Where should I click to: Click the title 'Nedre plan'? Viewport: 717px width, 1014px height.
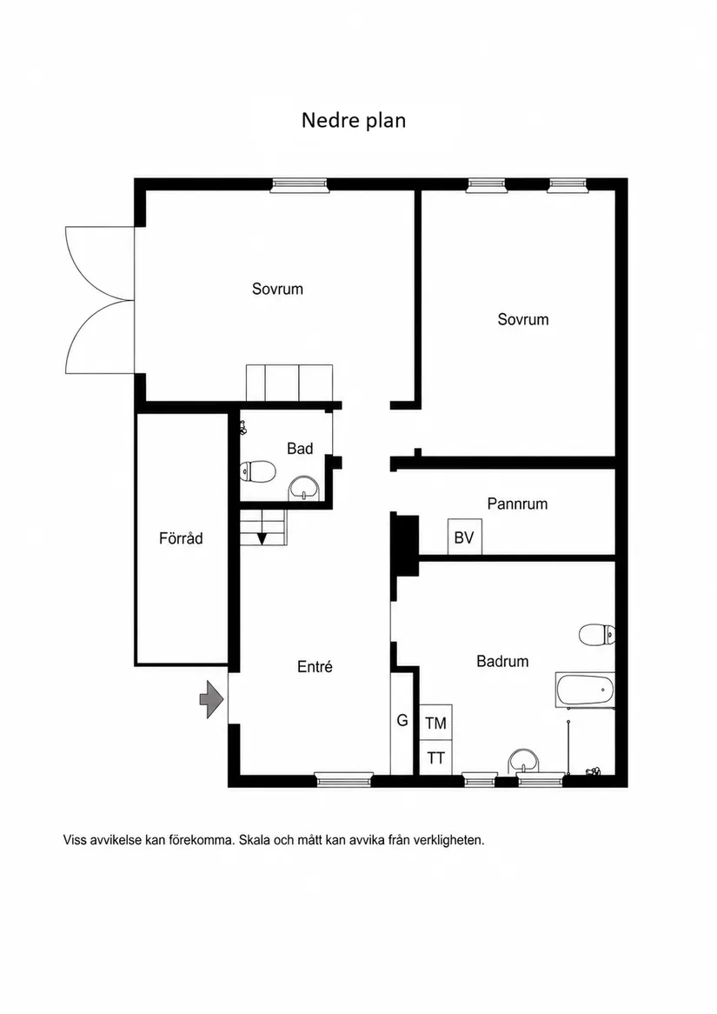point(353,120)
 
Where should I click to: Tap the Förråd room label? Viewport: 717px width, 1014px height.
point(181,538)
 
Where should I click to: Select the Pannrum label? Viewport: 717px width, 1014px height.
point(517,504)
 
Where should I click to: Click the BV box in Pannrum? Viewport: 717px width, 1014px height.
point(464,537)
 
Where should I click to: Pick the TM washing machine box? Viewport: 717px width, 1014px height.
point(435,723)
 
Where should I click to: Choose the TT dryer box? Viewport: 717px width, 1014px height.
point(435,757)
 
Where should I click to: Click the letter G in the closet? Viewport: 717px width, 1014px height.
point(402,720)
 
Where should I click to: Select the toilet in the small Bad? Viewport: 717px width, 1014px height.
point(257,471)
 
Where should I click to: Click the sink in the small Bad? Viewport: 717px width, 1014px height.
point(303,487)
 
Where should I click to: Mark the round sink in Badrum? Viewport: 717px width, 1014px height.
point(524,760)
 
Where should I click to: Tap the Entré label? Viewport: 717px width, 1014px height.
point(315,667)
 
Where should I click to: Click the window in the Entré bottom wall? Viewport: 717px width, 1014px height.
point(344,780)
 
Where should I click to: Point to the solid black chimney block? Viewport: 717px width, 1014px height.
point(404,544)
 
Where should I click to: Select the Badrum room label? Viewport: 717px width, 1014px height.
point(502,661)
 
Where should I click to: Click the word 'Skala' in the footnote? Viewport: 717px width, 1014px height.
point(255,841)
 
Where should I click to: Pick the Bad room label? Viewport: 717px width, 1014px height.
point(300,449)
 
